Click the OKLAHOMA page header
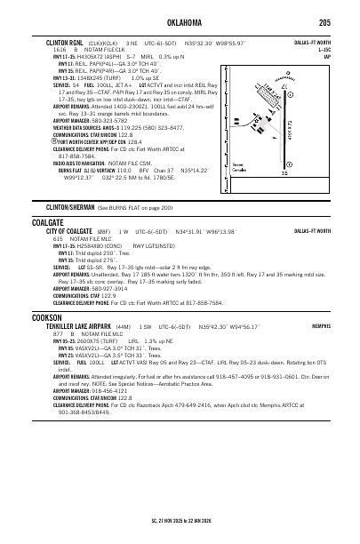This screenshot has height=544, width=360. click(x=180, y=21)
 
